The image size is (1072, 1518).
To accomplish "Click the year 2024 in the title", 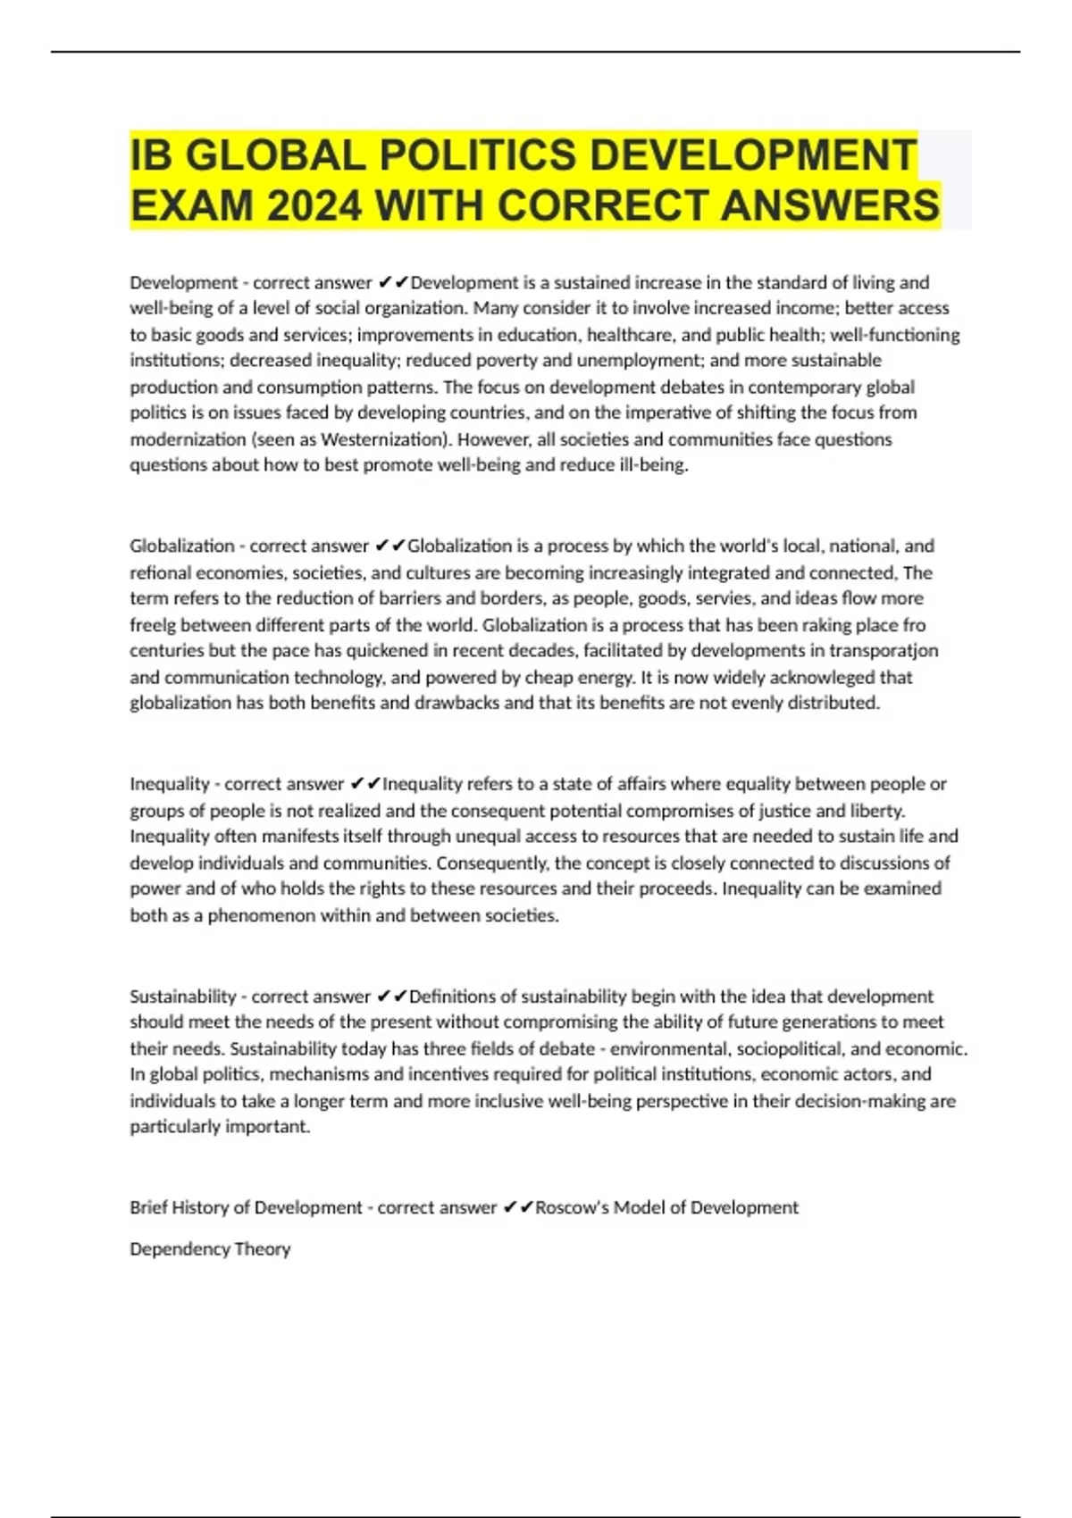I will pyautogui.click(x=314, y=206).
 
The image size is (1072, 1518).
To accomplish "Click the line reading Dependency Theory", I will pyautogui.click(x=210, y=1249).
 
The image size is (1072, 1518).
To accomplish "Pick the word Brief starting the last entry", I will pyautogui.click(x=148, y=1208).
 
